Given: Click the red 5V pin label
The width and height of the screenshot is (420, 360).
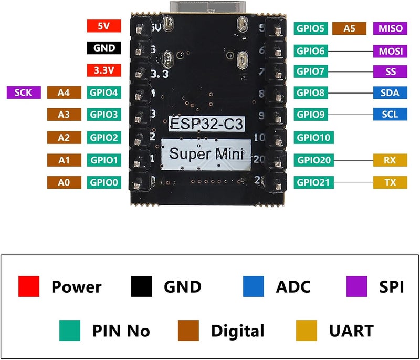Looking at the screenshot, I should pos(104,25).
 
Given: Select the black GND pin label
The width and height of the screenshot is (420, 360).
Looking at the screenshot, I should pos(104,48).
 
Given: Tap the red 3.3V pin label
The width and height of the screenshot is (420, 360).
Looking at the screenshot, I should pos(104,70).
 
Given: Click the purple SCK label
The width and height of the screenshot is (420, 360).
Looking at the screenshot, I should pos(24,93).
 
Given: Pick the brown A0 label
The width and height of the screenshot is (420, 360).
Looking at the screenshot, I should pos(64,183).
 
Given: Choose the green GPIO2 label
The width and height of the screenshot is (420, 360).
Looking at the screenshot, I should pos(104,138).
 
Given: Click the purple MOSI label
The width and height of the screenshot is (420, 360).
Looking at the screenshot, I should pos(388,51).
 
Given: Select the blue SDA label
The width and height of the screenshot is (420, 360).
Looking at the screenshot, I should pos(388,93).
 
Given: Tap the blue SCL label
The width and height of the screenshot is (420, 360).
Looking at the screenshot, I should pos(388,114).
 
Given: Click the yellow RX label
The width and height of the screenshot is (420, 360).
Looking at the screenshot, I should pos(388,160).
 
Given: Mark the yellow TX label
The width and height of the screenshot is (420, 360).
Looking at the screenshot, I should pos(388,182).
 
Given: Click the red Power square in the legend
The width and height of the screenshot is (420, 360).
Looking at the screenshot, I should pos(29,286).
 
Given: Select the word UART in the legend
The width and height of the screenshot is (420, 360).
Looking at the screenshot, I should pos(351,331).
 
